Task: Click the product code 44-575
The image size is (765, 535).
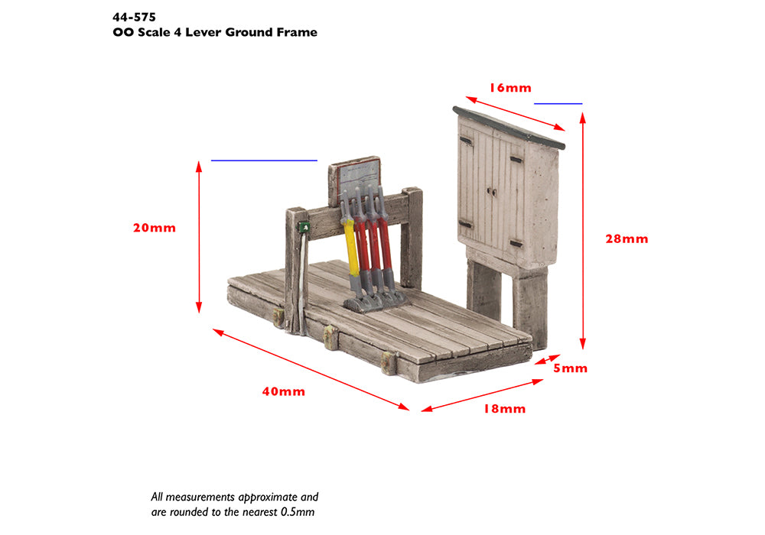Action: pos(134,18)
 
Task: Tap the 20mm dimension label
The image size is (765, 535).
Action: pos(155,228)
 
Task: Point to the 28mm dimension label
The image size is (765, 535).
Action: pos(627,238)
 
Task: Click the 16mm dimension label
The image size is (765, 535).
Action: pos(510,88)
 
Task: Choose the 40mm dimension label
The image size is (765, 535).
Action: pos(284,391)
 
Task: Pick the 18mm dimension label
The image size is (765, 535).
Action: pos(504,409)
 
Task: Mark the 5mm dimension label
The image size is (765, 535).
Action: pos(570,368)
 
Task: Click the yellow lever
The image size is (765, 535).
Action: pos(351,246)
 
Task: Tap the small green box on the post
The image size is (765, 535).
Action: pos(304,226)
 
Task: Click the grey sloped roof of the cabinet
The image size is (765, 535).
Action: pos(509,127)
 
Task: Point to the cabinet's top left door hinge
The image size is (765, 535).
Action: pos(466,141)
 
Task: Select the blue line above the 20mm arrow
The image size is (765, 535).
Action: pos(264,160)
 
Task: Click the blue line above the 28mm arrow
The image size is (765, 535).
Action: pos(558,103)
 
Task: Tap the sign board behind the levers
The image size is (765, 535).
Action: pos(355,177)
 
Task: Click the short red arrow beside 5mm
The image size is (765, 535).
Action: pos(548,359)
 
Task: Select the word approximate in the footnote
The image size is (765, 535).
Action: pos(268,498)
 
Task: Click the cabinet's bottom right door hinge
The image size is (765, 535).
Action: pos(516,244)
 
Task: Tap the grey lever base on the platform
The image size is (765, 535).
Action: pos(374,301)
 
